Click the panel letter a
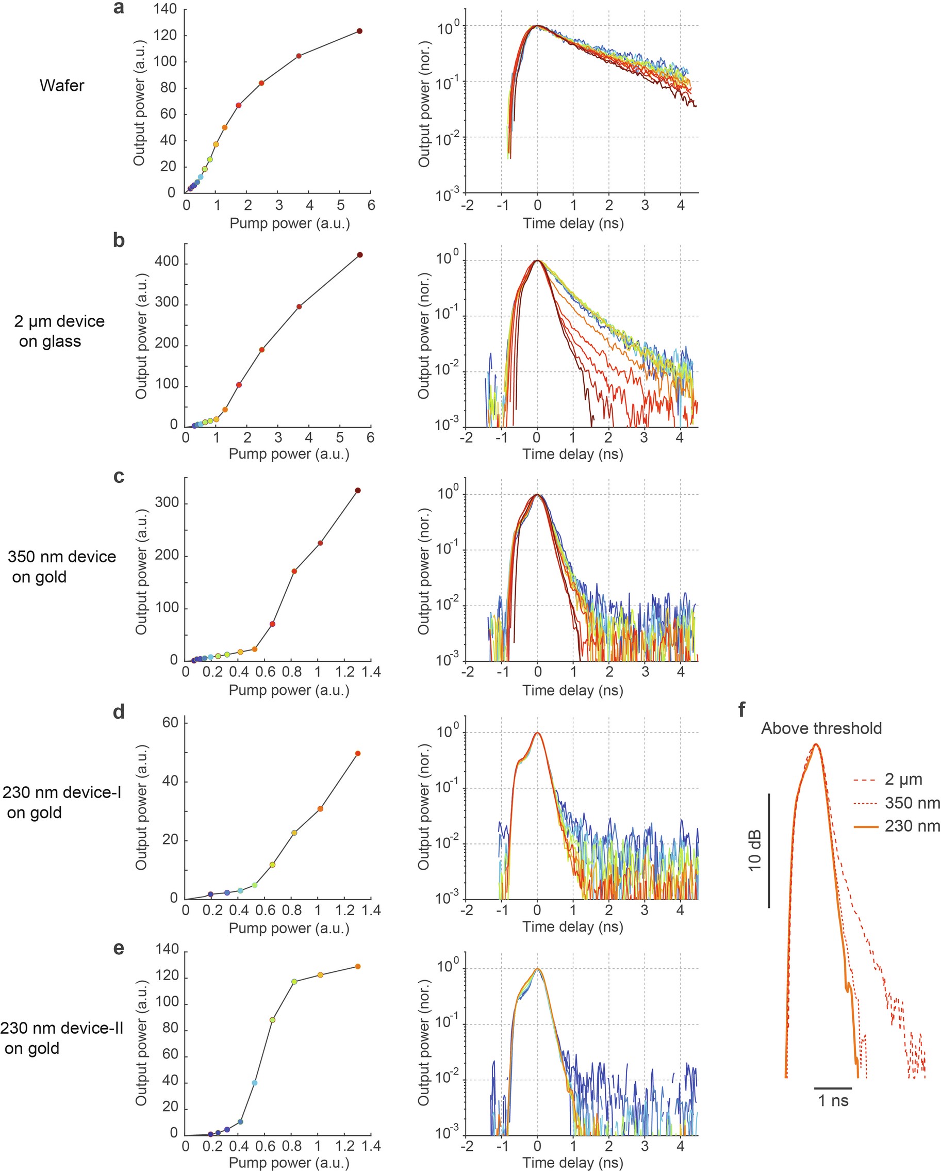(x=119, y=8)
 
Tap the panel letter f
(x=742, y=709)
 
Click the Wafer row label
(x=62, y=86)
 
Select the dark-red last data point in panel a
(x=359, y=31)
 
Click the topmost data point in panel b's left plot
(x=359, y=255)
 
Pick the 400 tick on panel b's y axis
(x=166, y=262)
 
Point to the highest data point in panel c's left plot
(x=358, y=491)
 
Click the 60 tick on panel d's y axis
(x=170, y=722)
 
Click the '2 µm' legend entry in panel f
(x=903, y=779)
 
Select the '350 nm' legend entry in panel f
(x=912, y=803)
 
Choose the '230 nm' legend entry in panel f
(x=912, y=826)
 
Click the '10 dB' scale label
(x=755, y=851)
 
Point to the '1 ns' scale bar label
(x=833, y=1101)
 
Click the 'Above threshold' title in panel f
(x=821, y=728)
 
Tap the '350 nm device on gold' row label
(x=61, y=566)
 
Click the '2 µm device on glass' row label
(x=59, y=331)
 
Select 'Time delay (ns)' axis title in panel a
(x=573, y=223)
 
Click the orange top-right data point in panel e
(x=358, y=966)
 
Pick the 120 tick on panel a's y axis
(x=165, y=35)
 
